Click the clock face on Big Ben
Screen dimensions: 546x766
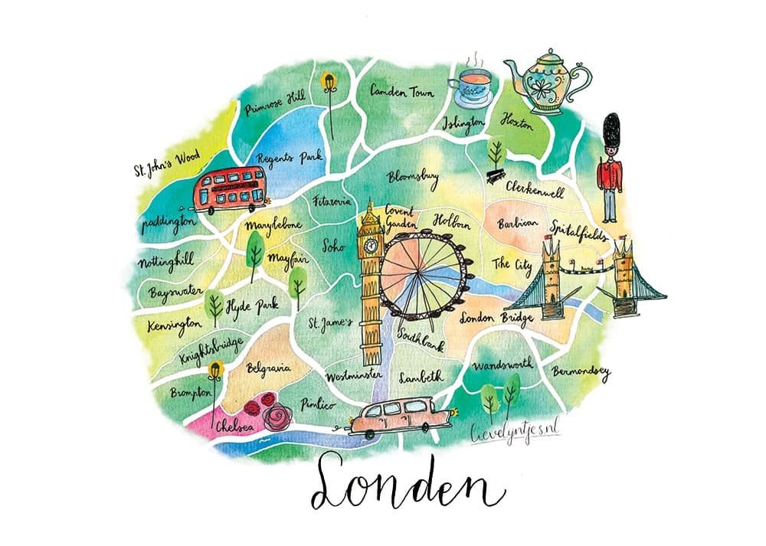click(x=372, y=246)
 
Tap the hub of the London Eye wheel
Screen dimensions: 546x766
click(x=422, y=273)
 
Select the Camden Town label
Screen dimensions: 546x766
click(x=402, y=91)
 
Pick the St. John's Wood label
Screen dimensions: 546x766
click(x=166, y=162)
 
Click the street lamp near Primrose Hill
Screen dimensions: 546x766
click(x=330, y=80)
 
